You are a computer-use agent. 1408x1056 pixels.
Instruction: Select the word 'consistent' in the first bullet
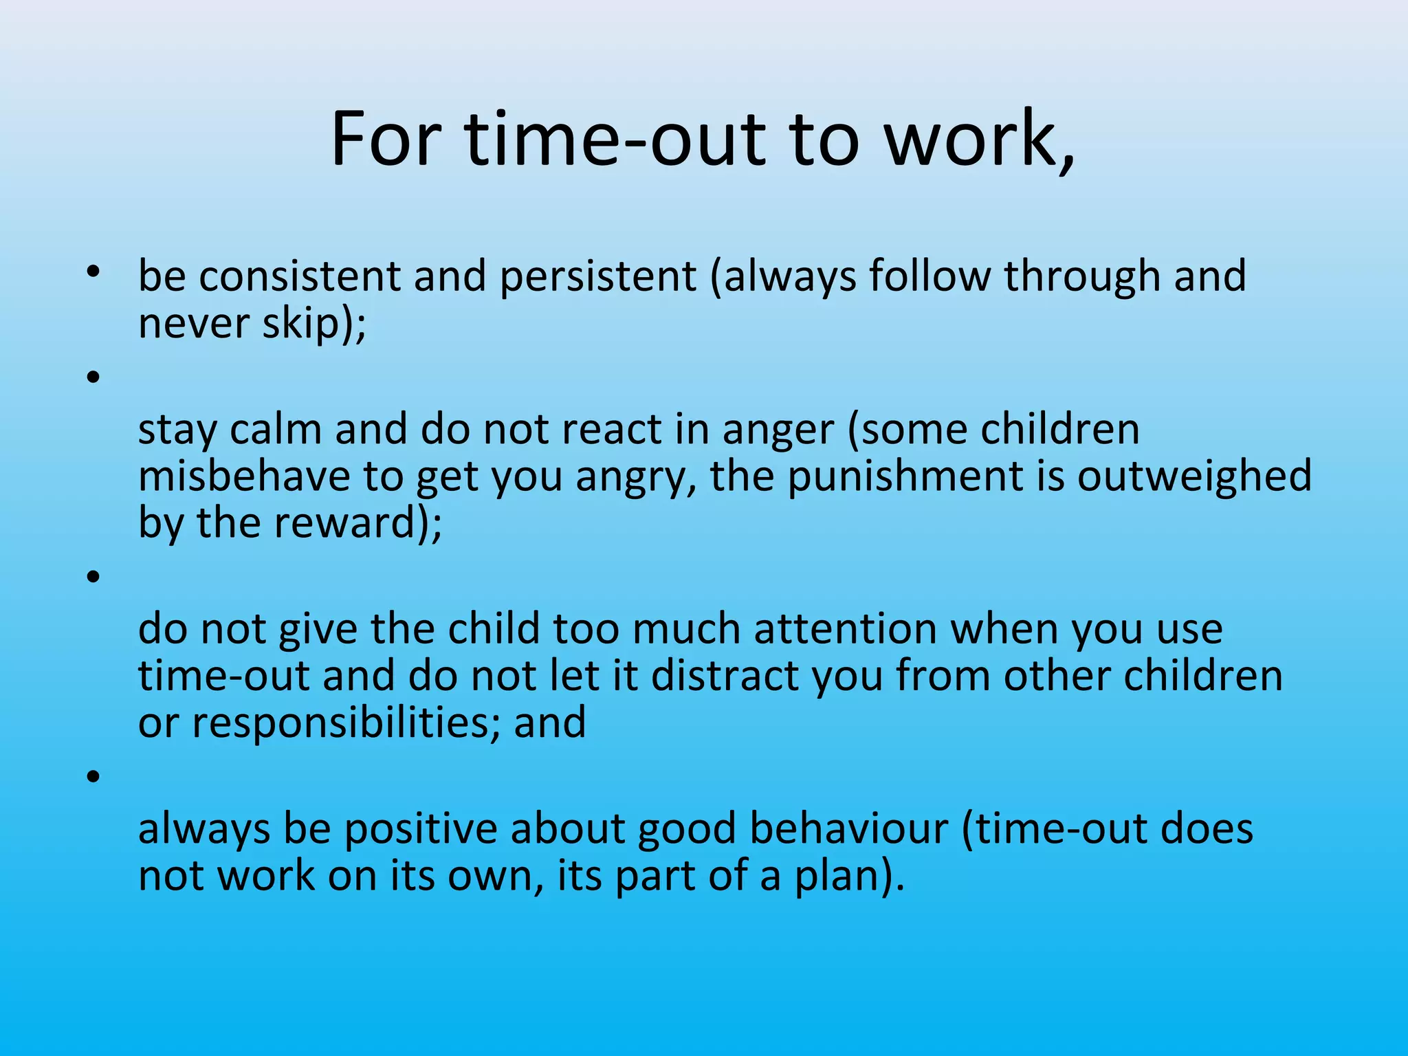pyautogui.click(x=300, y=276)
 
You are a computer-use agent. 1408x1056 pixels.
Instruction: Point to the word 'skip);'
pyautogui.click(x=314, y=324)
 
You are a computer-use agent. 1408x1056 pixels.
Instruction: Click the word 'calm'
pyautogui.click(x=275, y=430)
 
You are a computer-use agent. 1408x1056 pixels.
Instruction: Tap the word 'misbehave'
pyautogui.click(x=244, y=476)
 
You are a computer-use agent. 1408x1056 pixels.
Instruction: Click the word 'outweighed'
pyautogui.click(x=1194, y=477)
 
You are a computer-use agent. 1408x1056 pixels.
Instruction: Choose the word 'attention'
pyautogui.click(x=846, y=629)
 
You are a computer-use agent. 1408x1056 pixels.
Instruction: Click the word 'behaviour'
pyautogui.click(x=848, y=828)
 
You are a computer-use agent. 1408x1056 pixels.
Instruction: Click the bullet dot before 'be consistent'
pyautogui.click(x=93, y=273)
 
